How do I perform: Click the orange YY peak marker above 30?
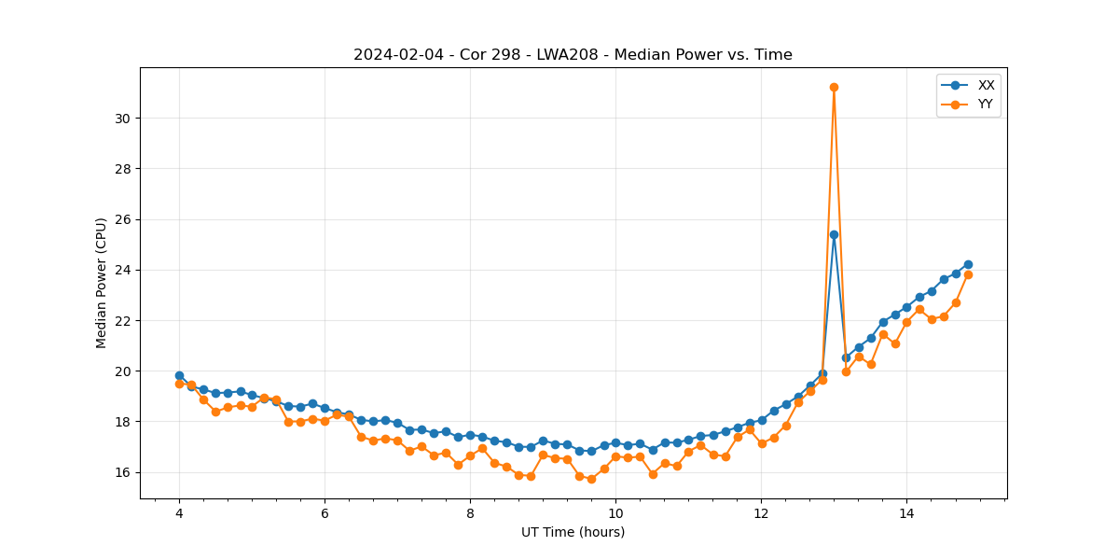pos(834,87)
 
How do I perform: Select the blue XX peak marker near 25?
pos(834,234)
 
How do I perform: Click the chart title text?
pos(573,55)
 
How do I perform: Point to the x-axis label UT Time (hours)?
pos(573,532)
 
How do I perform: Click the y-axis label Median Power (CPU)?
pos(102,283)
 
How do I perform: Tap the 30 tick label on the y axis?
pos(121,119)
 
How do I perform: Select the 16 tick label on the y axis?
pos(121,472)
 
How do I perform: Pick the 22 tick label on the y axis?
pos(121,321)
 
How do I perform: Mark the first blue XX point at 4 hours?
pos(179,375)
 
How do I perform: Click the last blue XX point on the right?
pos(968,264)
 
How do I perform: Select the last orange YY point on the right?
pos(968,274)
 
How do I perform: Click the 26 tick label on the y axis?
pos(121,219)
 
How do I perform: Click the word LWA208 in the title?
pos(565,55)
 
